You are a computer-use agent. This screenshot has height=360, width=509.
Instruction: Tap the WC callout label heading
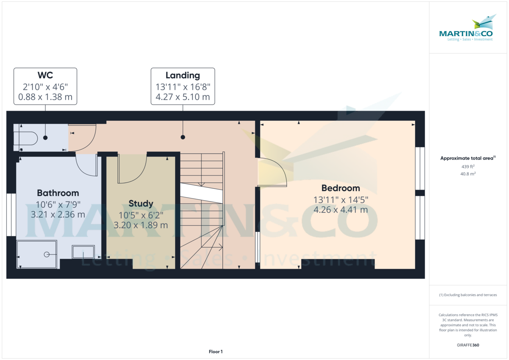[45, 75]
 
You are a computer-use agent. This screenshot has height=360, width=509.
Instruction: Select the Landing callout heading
[183, 75]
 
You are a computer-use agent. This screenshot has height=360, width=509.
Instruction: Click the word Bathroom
[58, 193]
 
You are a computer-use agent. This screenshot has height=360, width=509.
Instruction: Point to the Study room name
[141, 204]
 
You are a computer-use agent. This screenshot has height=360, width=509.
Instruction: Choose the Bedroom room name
[341, 188]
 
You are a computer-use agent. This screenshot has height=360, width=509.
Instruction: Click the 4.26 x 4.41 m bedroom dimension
[341, 209]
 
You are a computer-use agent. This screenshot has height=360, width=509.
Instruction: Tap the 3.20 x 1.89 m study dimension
[141, 225]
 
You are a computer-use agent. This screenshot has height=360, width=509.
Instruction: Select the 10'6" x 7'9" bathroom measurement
[58, 204]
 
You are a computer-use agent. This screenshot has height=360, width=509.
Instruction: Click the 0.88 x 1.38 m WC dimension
[45, 97]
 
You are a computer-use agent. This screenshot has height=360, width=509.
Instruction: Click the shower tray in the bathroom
[37, 254]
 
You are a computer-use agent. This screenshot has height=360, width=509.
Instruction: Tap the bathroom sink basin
[83, 251]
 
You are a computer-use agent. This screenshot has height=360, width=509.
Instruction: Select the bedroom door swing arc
[274, 172]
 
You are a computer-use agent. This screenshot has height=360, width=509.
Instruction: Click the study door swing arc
[132, 170]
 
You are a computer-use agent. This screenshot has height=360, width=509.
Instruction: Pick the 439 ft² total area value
[468, 167]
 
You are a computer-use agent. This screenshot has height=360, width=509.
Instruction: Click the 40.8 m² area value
[468, 173]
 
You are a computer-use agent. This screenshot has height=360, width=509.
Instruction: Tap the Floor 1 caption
[215, 352]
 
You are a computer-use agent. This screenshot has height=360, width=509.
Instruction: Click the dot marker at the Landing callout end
[183, 137]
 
